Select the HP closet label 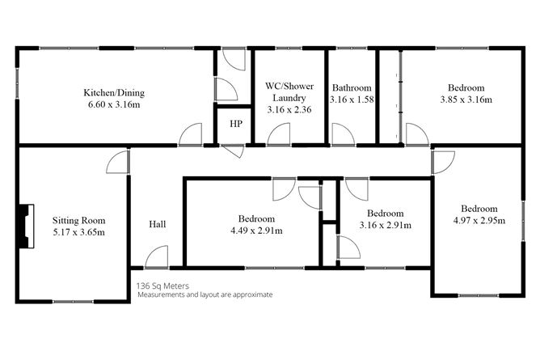[235, 124]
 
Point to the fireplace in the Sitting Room [27, 225]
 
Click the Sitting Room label [79, 220]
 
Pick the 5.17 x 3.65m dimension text [79, 232]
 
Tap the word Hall [158, 224]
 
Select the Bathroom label [352, 87]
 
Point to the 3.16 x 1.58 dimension [352, 100]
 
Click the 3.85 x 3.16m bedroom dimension [466, 100]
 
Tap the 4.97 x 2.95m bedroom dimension [478, 219]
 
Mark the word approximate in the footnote [249, 294]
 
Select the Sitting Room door [118, 162]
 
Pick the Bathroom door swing [342, 134]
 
